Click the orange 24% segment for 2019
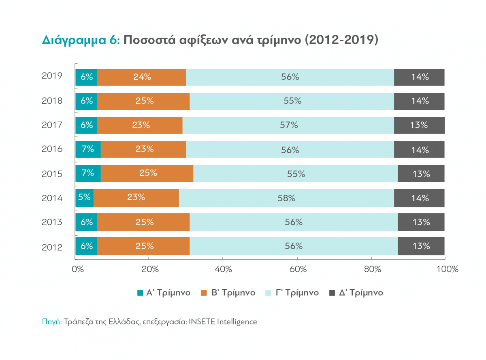point(142,77)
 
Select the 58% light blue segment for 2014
point(286,198)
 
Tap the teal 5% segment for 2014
point(84,198)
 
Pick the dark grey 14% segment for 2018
point(419,101)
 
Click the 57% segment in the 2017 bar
point(288,125)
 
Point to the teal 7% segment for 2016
point(88,149)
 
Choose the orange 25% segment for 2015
point(147,173)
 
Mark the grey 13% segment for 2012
point(421,246)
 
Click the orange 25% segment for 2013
point(144,222)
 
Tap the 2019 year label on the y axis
point(52,76)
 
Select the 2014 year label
point(52,198)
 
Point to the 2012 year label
point(52,247)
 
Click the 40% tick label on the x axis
point(223,269)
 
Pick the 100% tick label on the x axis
point(447,269)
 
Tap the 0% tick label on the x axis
point(77,269)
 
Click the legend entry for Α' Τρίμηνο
point(164,293)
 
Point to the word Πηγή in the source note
point(51,322)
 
